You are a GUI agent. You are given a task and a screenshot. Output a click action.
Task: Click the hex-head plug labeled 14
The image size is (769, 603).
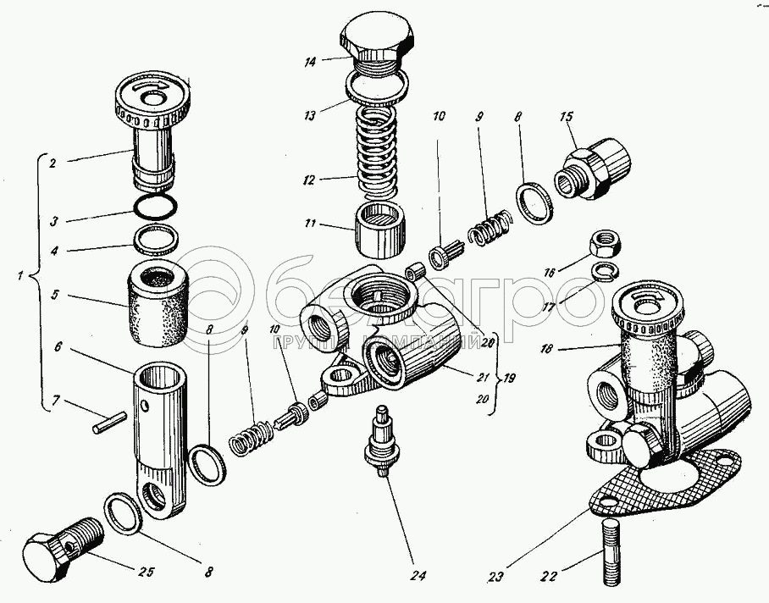click(378, 39)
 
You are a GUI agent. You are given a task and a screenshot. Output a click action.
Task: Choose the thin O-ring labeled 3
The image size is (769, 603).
click(155, 207)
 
